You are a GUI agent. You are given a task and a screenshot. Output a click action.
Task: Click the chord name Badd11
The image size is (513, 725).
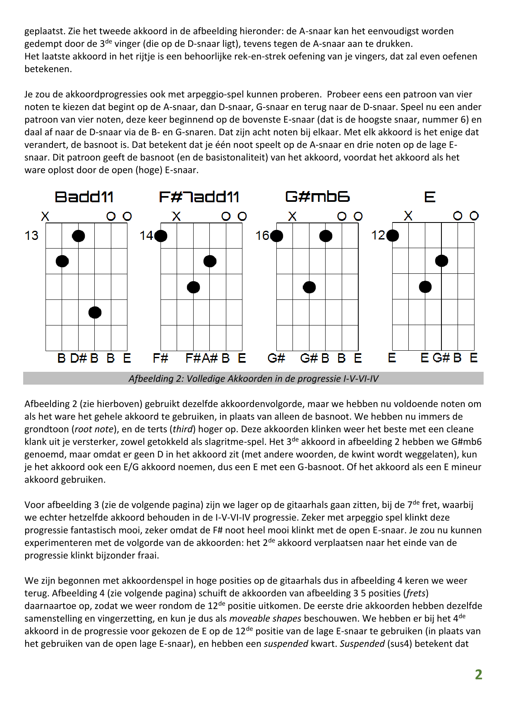[84, 197]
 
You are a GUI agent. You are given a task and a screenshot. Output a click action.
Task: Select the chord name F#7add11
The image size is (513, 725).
[199, 197]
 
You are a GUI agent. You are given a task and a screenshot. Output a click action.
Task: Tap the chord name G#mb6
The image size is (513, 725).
[317, 196]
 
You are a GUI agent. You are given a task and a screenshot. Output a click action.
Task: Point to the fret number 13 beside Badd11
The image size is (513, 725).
[31, 236]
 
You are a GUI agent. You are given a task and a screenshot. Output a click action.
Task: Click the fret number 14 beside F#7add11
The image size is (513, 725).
[146, 236]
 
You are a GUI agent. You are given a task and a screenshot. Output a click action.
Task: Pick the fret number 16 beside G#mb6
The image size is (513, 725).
[262, 236]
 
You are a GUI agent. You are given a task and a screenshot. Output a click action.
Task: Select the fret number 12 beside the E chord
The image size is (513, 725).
[378, 235]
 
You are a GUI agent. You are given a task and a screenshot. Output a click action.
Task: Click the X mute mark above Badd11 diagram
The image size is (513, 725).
[46, 216]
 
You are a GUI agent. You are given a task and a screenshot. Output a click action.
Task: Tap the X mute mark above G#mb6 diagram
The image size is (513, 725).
[292, 216]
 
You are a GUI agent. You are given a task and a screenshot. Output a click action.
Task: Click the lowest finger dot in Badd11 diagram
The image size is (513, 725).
[95, 312]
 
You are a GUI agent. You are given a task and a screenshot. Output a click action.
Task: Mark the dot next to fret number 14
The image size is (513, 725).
[161, 236]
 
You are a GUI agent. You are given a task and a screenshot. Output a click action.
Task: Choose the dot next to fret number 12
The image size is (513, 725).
[392, 235]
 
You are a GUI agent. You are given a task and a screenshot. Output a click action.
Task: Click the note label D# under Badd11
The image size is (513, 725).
[78, 358]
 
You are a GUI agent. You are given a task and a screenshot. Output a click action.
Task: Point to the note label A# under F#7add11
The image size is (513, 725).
[210, 358]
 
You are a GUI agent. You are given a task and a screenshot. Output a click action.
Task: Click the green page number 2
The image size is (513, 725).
[478, 675]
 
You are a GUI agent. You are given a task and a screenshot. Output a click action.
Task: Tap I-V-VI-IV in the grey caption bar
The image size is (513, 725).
[361, 379]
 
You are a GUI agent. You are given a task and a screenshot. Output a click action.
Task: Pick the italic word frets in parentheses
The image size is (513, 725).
[416, 593]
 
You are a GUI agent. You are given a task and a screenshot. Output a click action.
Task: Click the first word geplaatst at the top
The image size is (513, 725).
[44, 31]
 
